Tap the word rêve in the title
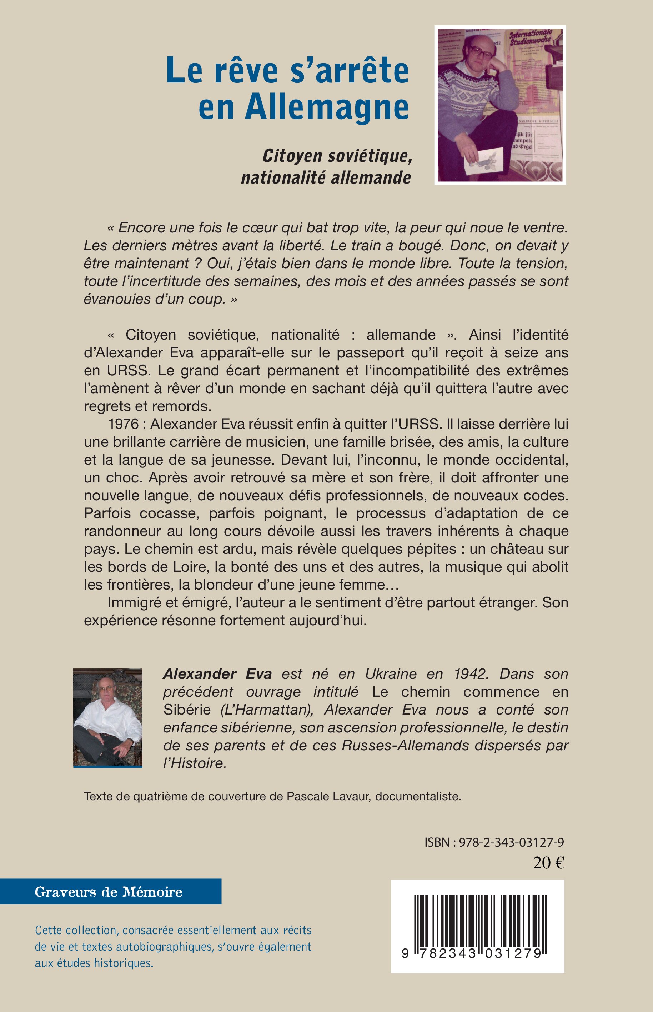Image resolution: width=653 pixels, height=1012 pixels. coord(246,70)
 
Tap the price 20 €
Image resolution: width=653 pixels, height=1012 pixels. coord(548,863)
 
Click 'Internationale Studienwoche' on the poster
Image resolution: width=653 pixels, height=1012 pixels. coord(530,37)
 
